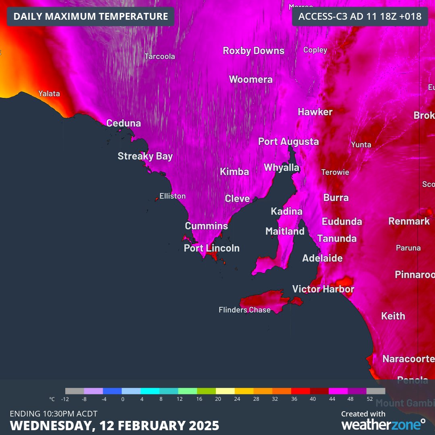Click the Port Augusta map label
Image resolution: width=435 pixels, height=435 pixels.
[288, 141]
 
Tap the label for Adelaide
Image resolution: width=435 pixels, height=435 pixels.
[322, 258]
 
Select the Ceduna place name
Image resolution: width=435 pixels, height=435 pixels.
[124, 123]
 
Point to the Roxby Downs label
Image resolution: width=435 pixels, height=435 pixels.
[254, 51]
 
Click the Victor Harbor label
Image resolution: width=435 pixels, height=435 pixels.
[323, 289]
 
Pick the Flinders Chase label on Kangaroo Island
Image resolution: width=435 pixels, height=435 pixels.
[244, 310]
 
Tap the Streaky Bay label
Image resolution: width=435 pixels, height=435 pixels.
[145, 156]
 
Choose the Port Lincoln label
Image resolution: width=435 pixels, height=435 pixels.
[211, 248]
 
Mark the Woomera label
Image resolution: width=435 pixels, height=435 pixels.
[251, 79]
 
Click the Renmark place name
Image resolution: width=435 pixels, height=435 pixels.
[409, 221]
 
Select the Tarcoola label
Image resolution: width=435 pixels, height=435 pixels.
[160, 56]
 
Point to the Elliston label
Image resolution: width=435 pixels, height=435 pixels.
[172, 196]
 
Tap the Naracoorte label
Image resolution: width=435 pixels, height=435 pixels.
[408, 358]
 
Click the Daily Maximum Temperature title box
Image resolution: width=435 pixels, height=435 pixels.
[91, 17]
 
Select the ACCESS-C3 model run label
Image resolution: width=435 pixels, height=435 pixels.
[360, 17]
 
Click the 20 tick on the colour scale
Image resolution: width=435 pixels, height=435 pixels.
[218, 399]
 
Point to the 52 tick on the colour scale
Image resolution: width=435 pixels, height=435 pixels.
[369, 399]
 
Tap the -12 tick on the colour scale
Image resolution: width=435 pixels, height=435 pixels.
[65, 399]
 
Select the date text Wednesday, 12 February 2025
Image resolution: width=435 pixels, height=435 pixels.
[115, 425]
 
